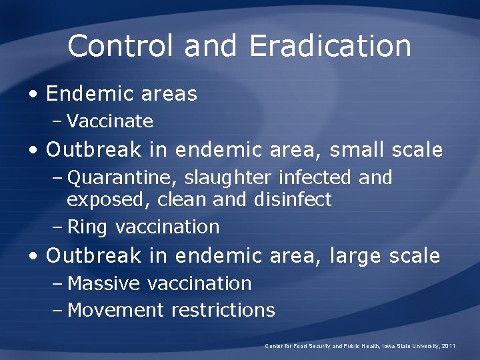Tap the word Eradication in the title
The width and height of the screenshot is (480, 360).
coord(330,46)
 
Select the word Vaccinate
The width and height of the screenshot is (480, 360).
coord(110,121)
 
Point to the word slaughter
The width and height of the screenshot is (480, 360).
coord(229,178)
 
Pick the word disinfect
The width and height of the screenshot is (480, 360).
coord(293,200)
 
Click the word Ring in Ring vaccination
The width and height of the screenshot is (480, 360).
coord(87,227)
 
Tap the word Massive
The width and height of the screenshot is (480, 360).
coord(104,283)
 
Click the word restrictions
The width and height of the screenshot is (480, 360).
coord(223,310)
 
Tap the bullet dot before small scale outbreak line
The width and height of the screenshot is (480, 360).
coord(33,151)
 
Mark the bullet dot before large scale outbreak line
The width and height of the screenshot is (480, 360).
coord(33,257)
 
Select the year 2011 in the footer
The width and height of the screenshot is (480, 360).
coord(447,345)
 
